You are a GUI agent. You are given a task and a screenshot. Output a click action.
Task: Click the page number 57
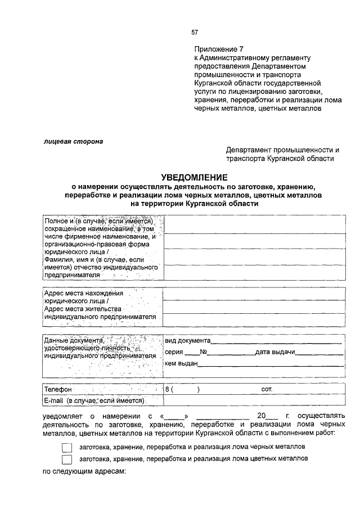pyautogui.click(x=194, y=32)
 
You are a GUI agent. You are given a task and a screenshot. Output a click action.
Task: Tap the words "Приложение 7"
pyautogui.click(x=220, y=49)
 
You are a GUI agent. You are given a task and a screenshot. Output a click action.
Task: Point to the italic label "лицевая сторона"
pyautogui.click(x=74, y=141)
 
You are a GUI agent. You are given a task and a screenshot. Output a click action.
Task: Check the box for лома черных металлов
pyautogui.click(x=67, y=448)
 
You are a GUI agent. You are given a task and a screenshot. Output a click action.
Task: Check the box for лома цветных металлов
pyautogui.click(x=67, y=460)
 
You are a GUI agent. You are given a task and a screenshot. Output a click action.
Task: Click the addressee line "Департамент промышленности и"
pyautogui.click(x=283, y=150)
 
